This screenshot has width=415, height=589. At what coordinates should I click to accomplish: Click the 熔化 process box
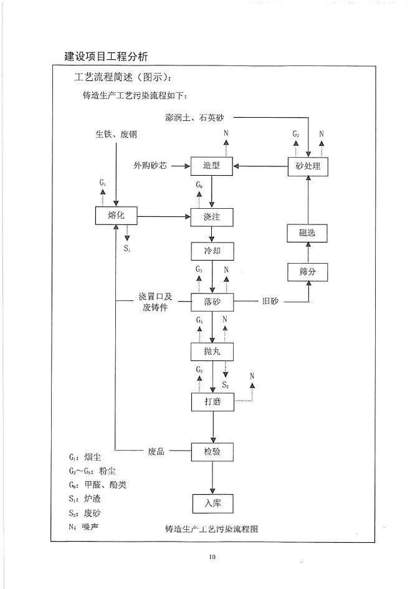pos(116,216)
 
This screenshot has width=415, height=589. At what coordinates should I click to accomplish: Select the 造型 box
pos(212,166)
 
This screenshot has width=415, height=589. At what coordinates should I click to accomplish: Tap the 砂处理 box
pos(308,166)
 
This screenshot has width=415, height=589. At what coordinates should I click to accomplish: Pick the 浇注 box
pos(212,217)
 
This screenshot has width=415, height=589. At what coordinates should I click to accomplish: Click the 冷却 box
pos(212,251)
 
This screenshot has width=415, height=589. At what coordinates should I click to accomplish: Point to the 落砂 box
pos(212,302)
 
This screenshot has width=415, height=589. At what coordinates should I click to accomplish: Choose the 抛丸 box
pos(212,352)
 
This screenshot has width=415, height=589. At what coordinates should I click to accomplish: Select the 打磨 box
pos(212,402)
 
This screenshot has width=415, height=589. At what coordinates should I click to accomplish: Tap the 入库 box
pos(212,502)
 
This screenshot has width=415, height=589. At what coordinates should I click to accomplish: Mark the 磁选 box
pos(308,234)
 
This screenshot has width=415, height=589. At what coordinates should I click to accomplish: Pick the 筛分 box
pos(308,272)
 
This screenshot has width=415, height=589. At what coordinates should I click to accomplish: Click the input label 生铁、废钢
pos(117,135)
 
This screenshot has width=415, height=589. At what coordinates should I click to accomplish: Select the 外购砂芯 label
pos(150,166)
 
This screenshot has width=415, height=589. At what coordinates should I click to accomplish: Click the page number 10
pos(212,557)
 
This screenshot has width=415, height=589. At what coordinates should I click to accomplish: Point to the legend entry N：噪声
pos(85,527)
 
